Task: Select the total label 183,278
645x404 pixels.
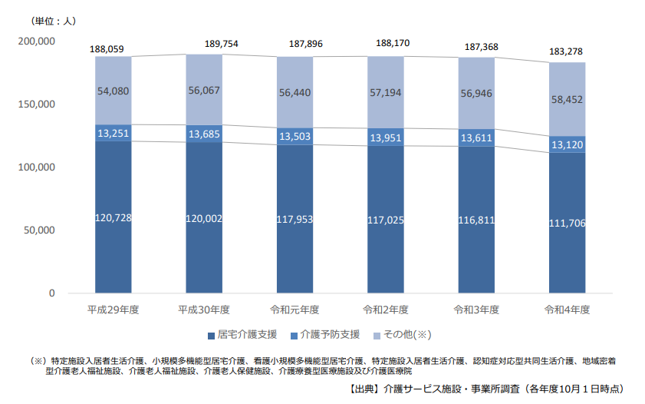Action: tap(567, 53)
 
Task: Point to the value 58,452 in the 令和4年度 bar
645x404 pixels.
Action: tap(567, 99)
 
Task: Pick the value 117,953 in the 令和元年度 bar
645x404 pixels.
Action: tap(295, 219)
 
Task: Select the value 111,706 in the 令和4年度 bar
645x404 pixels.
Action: tap(567, 223)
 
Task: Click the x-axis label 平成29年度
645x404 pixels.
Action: tap(114, 310)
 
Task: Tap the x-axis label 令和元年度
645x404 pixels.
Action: tap(295, 310)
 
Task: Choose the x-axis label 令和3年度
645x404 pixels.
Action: tap(476, 310)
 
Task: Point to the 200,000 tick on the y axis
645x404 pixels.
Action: tap(35, 41)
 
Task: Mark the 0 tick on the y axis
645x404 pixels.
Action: tap(52, 293)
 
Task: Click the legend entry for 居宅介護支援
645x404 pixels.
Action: tap(242, 335)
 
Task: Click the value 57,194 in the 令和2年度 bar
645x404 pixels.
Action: tap(386, 92)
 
